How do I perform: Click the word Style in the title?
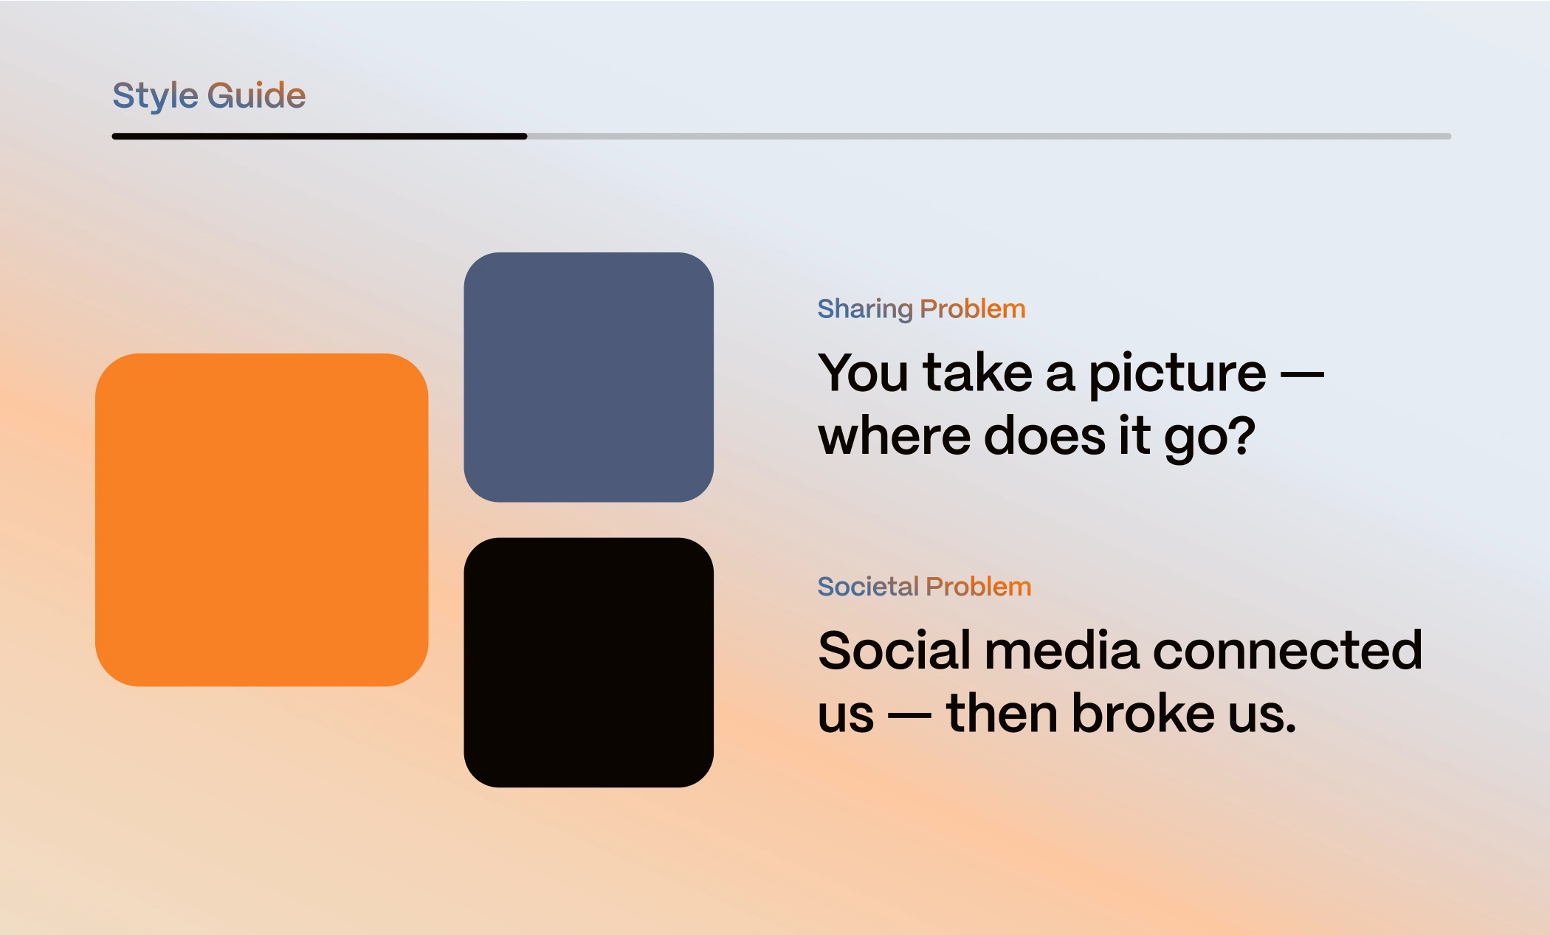(x=155, y=97)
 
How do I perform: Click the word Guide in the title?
(x=256, y=95)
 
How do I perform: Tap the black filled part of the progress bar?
(x=320, y=137)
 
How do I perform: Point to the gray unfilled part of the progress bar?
(x=989, y=137)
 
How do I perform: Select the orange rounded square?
(x=262, y=520)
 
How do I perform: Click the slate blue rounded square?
(x=589, y=377)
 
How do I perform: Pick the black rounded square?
(x=589, y=663)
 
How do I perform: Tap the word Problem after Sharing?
(x=973, y=308)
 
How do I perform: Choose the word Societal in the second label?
(x=868, y=587)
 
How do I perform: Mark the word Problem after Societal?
(x=979, y=587)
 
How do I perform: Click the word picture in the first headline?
(x=1177, y=375)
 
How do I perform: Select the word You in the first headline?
(x=864, y=373)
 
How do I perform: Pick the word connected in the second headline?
(x=1287, y=650)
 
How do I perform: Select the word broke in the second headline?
(x=1143, y=713)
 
